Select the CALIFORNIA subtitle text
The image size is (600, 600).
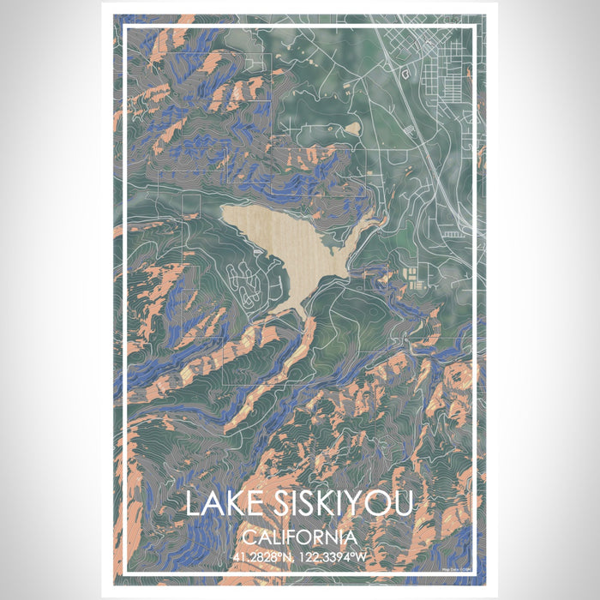299,537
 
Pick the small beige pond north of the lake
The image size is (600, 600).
351,129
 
